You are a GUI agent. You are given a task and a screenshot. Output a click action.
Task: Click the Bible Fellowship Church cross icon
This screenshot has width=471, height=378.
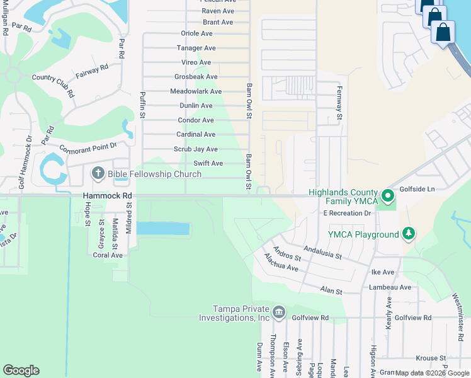pyautogui.click(x=98, y=173)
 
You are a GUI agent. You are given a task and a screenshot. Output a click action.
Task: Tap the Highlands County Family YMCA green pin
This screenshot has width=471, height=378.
pyautogui.click(x=389, y=197)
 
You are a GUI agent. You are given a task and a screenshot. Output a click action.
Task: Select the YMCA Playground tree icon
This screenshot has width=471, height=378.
pyautogui.click(x=409, y=234)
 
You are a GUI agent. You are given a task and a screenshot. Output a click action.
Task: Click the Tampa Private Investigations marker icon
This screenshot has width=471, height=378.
pyautogui.click(x=279, y=312)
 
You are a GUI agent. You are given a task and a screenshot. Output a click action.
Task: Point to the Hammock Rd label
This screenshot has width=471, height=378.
pyautogui.click(x=104, y=196)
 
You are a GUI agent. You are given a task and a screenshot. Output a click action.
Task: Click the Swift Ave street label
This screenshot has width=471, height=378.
pyautogui.click(x=208, y=164)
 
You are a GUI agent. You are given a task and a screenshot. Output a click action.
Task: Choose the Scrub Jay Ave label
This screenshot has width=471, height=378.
pyautogui.click(x=196, y=149)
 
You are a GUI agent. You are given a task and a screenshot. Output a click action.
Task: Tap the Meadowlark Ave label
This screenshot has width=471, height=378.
pyautogui.click(x=196, y=91)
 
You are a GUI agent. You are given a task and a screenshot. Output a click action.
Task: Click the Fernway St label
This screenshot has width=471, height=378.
pyautogui.click(x=339, y=103)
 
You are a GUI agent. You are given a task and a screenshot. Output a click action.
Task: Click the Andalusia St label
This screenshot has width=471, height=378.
pyautogui.click(x=322, y=252)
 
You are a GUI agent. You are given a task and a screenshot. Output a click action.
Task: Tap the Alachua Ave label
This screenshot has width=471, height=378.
pyautogui.click(x=281, y=262)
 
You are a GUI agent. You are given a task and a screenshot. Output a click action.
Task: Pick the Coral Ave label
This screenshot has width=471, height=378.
pyautogui.click(x=108, y=255)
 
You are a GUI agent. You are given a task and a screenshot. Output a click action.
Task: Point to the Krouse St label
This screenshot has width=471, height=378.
pyautogui.click(x=431, y=358)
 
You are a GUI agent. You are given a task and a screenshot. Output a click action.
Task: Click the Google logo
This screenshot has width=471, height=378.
pyautogui.click(x=21, y=370)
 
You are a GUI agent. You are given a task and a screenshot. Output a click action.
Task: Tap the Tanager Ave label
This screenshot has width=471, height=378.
pyautogui.click(x=196, y=48)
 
